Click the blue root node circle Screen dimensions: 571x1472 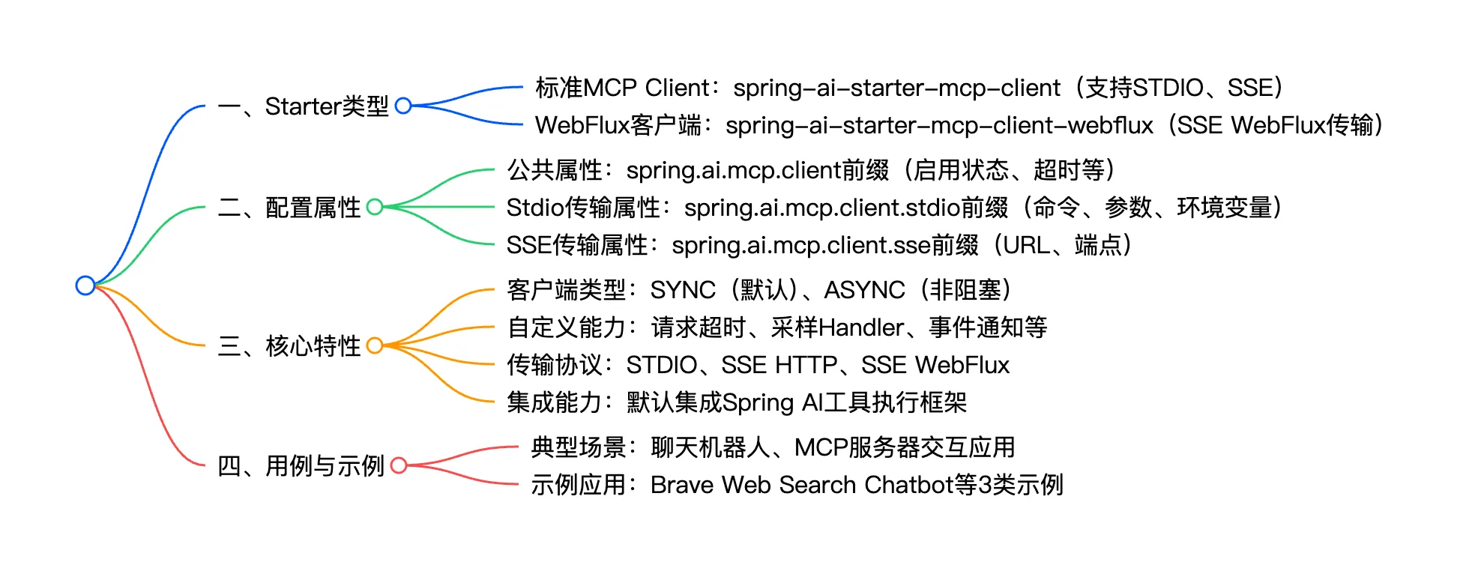pos(85,285)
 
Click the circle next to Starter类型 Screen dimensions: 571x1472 pos(403,106)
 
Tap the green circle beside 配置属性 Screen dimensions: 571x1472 pos(375,207)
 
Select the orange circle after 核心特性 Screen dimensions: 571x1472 pos(375,345)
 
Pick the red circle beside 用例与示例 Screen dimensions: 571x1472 pos(399,465)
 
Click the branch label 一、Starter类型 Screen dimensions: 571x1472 pos(303,106)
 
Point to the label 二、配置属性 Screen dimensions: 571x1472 pos(289,208)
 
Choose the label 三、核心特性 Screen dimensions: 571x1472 pos(289,346)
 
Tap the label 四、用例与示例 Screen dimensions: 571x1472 pos(301,466)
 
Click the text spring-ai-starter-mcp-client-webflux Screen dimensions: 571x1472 pos(939,125)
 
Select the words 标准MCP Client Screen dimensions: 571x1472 pos(622,88)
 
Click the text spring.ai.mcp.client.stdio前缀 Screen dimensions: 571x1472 pos(846,208)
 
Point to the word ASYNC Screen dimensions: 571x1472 pos(864,290)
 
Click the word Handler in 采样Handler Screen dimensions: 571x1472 pos(861,327)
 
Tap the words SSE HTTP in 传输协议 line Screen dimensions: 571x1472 pos(779,365)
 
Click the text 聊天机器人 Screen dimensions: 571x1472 pos(711,447)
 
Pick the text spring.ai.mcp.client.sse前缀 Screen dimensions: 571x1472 pos(824,245)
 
